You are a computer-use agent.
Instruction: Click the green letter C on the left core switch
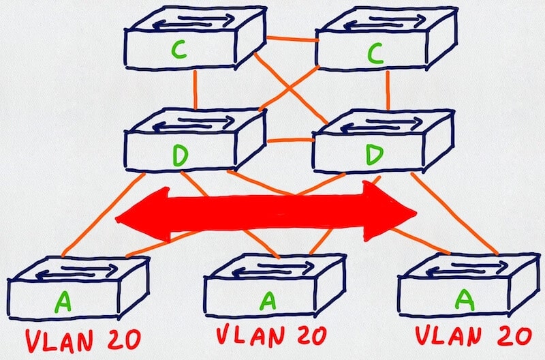tap(179, 50)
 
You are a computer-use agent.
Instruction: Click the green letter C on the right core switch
tap(375, 53)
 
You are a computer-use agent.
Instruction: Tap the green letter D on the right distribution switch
tap(375, 155)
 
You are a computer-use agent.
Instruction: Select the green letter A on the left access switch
tap(63, 301)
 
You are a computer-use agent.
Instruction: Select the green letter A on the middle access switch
tap(268, 301)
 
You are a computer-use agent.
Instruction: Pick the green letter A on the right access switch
tap(465, 300)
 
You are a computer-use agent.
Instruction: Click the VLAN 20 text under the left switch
tap(83, 340)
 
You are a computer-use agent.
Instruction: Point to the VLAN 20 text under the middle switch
tap(271, 334)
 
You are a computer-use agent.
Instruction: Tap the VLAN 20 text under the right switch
tap(473, 336)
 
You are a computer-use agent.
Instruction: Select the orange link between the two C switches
tap(292, 39)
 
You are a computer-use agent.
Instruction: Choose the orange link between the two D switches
tap(291, 140)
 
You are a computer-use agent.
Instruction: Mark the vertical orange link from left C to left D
tap(196, 89)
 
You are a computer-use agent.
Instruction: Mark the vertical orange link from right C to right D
tap(388, 90)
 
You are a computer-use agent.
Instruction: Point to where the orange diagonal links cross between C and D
tap(289, 89)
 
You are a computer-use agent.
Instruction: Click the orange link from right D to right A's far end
tap(454, 213)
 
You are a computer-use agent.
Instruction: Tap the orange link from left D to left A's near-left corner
tap(104, 215)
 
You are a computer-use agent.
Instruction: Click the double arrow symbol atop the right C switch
tap(385, 22)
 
